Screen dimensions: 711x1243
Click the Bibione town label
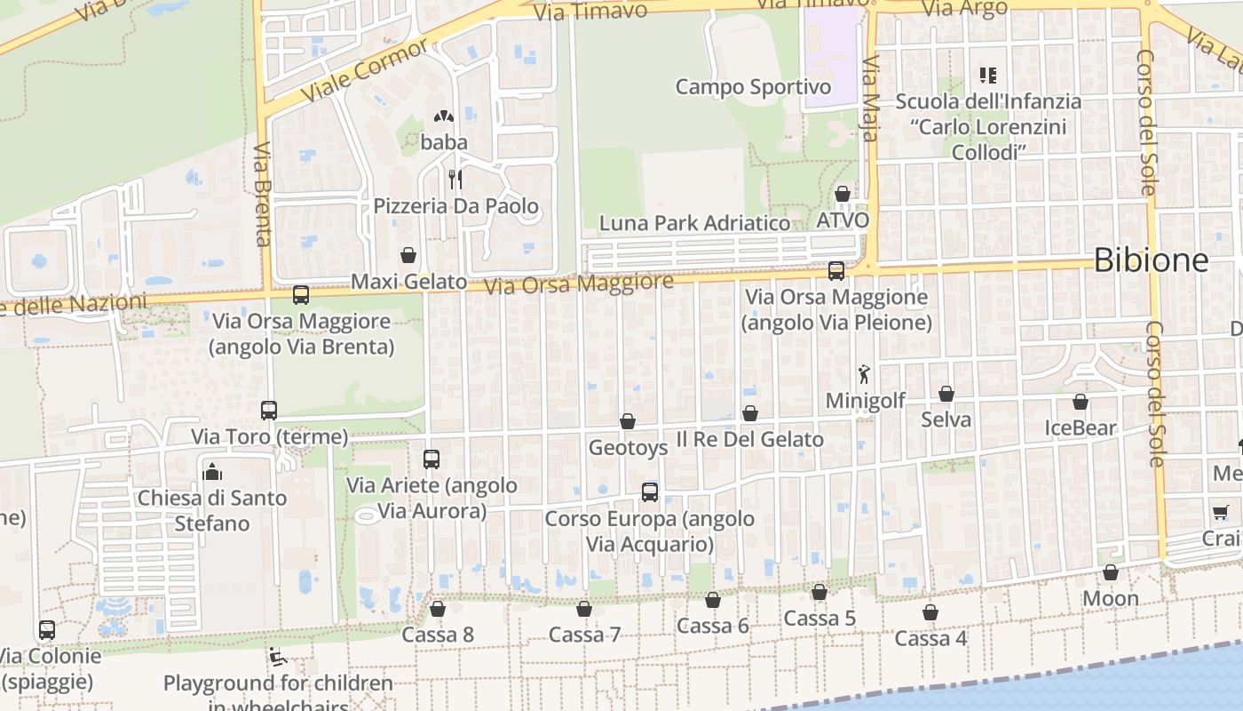coord(1151,260)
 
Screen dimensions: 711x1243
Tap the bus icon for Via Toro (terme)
coord(269,410)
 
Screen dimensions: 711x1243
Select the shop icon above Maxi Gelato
coord(408,255)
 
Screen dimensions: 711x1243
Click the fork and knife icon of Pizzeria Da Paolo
coord(455,180)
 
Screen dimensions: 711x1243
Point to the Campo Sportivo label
coord(753,87)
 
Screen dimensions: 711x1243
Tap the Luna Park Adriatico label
coord(694,223)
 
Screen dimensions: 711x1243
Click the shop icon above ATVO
coord(843,194)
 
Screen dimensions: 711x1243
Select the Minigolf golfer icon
coord(865,375)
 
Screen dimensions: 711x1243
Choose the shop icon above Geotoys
coord(628,420)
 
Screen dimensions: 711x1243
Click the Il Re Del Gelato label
coord(750,439)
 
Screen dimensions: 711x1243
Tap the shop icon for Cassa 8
coord(438,609)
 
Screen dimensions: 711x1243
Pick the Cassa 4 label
coord(930,638)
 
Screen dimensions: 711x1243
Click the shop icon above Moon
coord(1111,572)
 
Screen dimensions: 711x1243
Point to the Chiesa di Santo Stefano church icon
coord(212,471)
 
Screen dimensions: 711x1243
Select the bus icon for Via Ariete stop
coord(431,459)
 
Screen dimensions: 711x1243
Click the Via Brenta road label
coord(263,194)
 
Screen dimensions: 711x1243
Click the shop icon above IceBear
coord(1081,402)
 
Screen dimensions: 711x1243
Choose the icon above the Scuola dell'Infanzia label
coord(988,76)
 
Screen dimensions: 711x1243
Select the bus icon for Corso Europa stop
coord(650,492)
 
